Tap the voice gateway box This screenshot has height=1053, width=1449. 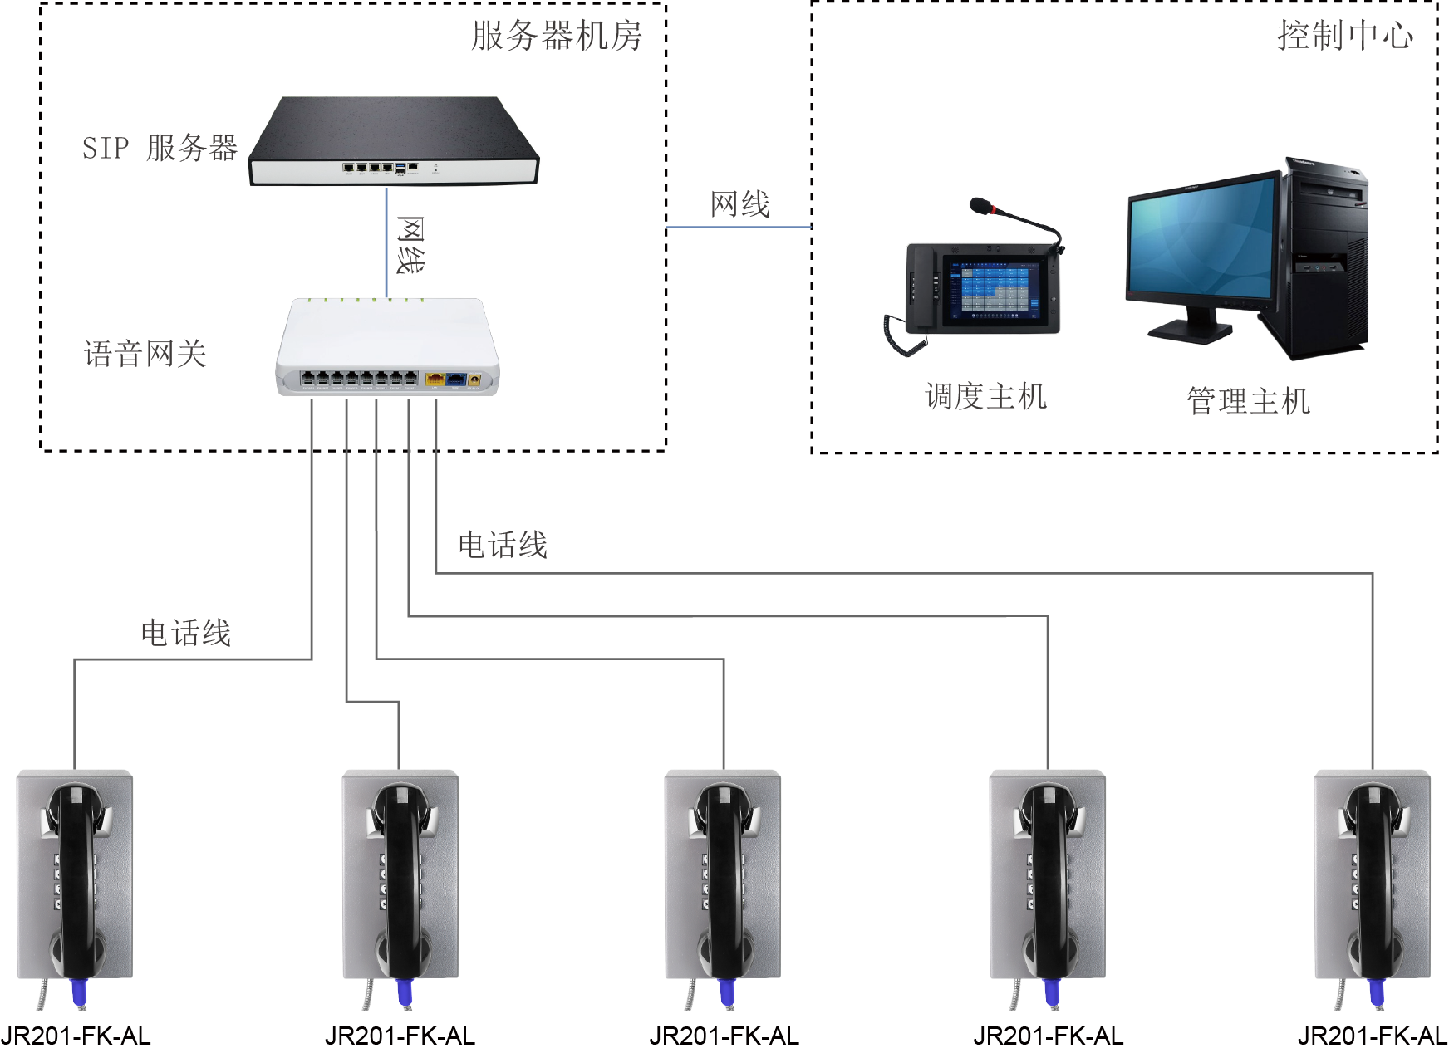(x=387, y=346)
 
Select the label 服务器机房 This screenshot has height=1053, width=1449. (x=557, y=36)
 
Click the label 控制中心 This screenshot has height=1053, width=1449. (x=1344, y=36)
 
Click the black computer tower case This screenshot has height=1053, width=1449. (x=1326, y=257)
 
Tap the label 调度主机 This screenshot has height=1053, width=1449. (x=985, y=396)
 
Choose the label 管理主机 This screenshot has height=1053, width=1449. (x=1248, y=401)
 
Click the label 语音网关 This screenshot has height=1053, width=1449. (x=145, y=354)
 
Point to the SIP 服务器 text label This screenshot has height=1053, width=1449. (x=160, y=148)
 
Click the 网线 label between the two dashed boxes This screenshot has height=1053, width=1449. (x=739, y=204)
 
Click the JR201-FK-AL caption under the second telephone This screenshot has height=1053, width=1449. (x=400, y=1036)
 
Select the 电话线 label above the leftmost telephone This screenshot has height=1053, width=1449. (x=185, y=633)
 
